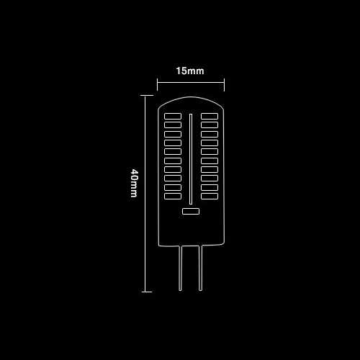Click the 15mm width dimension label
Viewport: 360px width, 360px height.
click(190, 71)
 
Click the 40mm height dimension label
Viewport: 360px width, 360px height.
click(134, 183)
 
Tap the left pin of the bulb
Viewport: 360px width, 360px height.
click(181, 268)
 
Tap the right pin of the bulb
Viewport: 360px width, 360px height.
click(200, 268)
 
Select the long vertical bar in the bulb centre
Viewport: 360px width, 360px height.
click(191, 159)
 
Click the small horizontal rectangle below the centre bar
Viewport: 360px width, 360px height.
click(191, 211)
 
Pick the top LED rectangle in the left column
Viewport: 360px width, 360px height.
click(173, 116)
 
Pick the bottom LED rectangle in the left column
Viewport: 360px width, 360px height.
click(173, 196)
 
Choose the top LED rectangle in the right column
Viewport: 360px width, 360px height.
click(210, 116)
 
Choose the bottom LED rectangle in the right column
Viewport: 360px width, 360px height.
click(210, 196)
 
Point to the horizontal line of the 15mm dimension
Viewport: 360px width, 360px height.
click(191, 83)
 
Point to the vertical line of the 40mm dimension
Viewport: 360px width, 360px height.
click(145, 194)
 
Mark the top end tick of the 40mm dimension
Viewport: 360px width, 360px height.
click(146, 95)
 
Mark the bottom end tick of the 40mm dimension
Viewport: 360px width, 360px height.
click(147, 292)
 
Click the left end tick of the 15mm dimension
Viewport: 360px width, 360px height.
click(157, 84)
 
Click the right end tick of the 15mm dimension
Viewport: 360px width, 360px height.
click(224, 84)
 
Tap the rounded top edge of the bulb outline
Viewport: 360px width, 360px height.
click(191, 97)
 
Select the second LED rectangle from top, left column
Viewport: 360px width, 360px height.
click(173, 125)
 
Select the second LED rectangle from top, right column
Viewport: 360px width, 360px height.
click(210, 125)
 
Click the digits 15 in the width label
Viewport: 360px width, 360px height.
click(181, 71)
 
